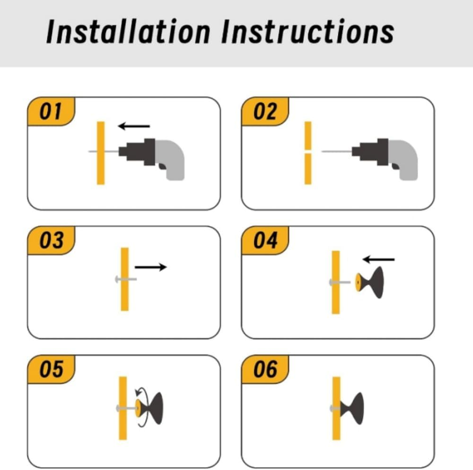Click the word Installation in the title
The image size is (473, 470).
click(128, 31)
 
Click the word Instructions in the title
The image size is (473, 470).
click(307, 31)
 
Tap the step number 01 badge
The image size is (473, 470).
click(51, 111)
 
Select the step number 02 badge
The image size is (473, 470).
click(265, 111)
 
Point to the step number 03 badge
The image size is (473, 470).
click(51, 240)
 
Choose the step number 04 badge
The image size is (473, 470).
click(265, 240)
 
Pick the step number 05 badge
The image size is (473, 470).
click(51, 369)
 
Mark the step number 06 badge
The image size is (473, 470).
click(265, 369)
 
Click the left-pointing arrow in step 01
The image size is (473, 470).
click(134, 126)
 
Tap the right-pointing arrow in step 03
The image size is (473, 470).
click(150, 267)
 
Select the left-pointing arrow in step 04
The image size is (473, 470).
click(378, 259)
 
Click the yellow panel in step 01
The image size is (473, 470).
click(101, 153)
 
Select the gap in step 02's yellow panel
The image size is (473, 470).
click(308, 151)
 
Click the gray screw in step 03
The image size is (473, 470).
click(126, 279)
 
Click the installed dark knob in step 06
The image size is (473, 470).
click(352, 408)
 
